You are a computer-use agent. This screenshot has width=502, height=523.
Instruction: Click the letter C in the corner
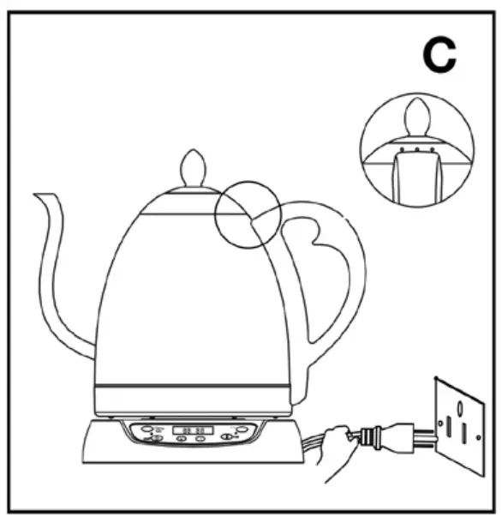point(440,54)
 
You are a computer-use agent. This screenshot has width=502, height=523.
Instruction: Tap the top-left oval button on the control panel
point(147,427)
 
